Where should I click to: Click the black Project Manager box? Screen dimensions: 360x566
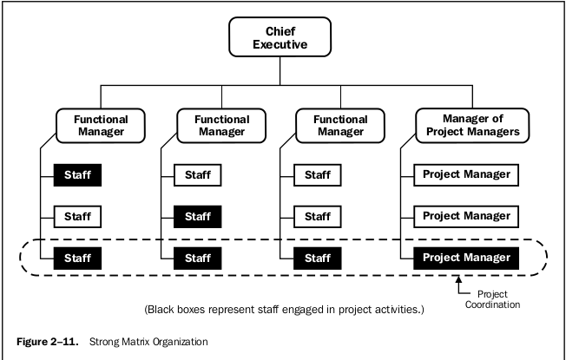(x=466, y=257)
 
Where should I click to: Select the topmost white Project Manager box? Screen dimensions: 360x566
(x=466, y=174)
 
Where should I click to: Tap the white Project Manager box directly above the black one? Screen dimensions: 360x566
(x=466, y=215)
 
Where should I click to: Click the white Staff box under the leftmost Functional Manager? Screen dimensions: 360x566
(x=77, y=215)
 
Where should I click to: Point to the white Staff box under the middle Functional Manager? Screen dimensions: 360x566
(x=197, y=174)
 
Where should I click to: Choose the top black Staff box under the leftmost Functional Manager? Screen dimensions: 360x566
(x=77, y=174)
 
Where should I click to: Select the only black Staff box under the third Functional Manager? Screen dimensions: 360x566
(x=317, y=257)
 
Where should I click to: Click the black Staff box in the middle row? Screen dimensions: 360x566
(x=197, y=215)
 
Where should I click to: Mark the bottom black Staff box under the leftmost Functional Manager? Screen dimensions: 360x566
(x=77, y=257)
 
